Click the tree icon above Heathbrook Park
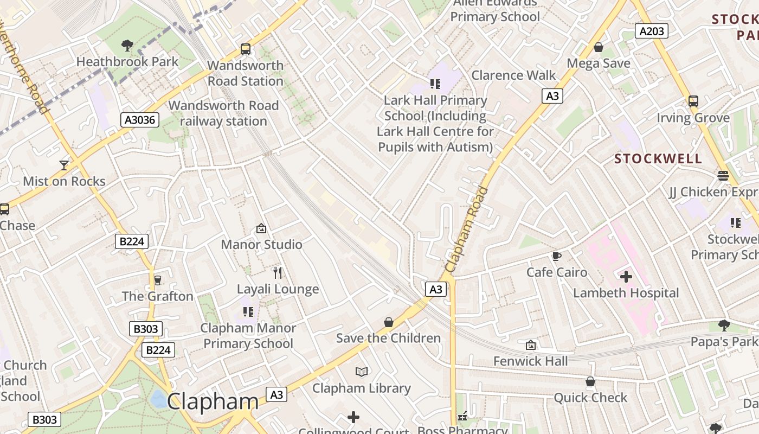127,45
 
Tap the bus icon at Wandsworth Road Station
246,49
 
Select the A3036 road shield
140,120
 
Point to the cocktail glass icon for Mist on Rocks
64,165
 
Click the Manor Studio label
261,245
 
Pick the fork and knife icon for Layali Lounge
278,272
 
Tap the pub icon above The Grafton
158,280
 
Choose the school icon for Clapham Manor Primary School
248,311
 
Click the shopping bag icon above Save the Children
388,322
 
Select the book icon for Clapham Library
362,372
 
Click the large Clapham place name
213,402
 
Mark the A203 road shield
652,31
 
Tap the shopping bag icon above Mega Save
599,48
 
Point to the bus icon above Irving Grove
693,101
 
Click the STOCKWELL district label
658,159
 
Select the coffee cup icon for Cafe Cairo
556,256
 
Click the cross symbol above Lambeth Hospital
626,277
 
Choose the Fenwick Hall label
530,361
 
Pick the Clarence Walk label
513,75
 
